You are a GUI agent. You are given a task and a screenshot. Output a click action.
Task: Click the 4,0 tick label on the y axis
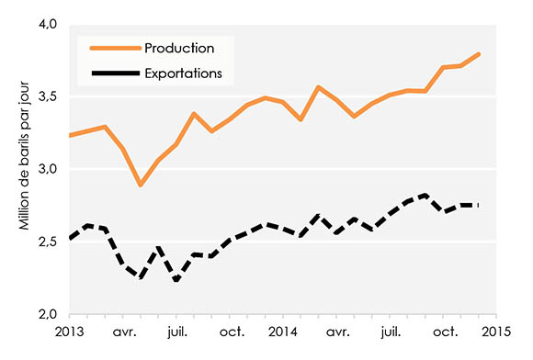(44, 23)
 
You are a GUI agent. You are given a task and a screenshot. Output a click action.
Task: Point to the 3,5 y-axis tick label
(44, 96)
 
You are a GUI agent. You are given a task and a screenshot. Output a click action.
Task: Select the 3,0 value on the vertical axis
(44, 169)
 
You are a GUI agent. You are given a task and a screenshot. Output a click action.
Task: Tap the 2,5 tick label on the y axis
(44, 242)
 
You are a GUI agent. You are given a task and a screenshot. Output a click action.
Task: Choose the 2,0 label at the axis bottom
(44, 315)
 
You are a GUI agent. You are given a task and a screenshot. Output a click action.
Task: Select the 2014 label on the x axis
(283, 331)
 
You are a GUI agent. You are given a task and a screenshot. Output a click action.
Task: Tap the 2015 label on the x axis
(497, 331)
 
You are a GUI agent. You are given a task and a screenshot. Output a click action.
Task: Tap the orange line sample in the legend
(113, 48)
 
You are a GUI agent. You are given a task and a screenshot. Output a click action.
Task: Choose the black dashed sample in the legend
(113, 72)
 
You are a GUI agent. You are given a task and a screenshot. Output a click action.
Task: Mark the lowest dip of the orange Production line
(141, 185)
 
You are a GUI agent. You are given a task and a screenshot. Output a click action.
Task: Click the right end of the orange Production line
(479, 54)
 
